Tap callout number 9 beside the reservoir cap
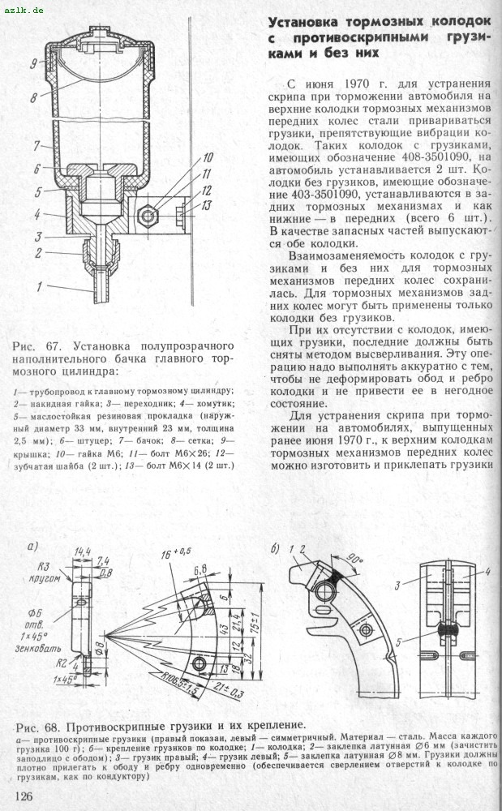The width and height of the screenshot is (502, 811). (x=36, y=62)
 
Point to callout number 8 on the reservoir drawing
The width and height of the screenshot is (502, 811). (x=36, y=97)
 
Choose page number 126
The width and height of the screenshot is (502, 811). (x=24, y=795)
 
